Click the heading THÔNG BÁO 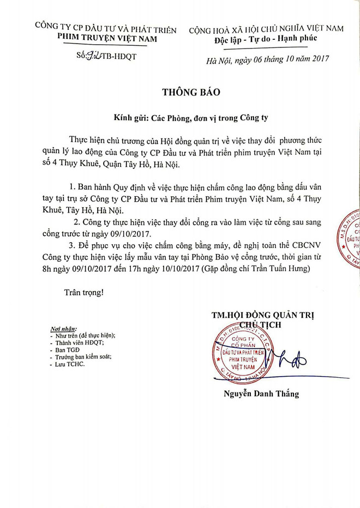pos(191,92)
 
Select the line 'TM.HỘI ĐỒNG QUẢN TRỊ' pos(266,315)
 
